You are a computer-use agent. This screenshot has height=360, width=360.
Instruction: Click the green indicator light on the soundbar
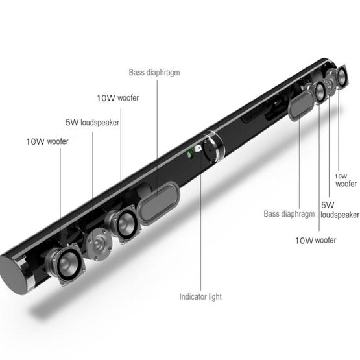coord(190,154)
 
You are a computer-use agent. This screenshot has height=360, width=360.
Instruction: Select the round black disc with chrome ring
coord(212,147)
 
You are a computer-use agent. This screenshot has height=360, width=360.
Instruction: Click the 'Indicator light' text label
coord(200,297)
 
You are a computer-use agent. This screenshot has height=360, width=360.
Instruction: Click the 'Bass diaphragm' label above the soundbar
coord(154,73)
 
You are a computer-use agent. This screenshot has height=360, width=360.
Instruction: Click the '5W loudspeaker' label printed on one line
coord(92,121)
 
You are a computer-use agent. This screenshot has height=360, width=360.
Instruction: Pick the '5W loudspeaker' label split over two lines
coord(339,210)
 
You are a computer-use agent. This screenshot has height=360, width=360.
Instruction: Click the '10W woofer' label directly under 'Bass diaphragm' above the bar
coord(117,98)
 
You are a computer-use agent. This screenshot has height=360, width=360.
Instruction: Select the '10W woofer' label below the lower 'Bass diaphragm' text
coord(315,241)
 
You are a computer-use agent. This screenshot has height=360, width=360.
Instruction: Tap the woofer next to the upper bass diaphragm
coord(320,91)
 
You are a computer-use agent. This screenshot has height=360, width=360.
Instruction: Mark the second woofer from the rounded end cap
coord(123,222)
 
